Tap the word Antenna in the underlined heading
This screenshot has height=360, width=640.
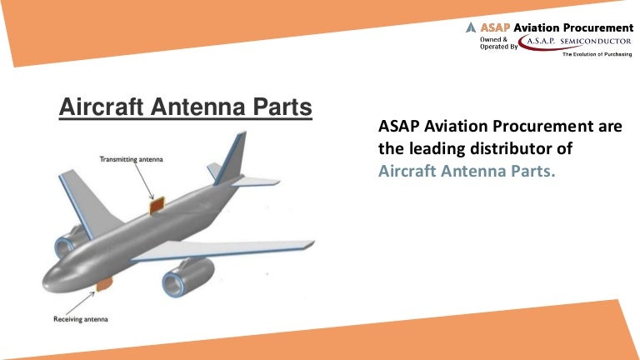click(x=199, y=107)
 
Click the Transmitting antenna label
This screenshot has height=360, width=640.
click(x=131, y=159)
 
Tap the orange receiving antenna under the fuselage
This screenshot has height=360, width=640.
click(x=103, y=286)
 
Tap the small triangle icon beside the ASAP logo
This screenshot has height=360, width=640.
click(x=471, y=27)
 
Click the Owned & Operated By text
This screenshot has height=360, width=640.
click(x=498, y=43)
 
